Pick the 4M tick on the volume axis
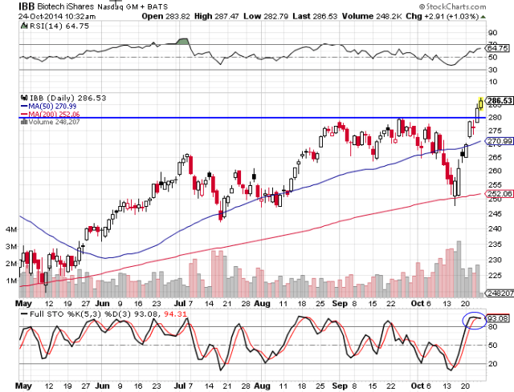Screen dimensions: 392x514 [x=10, y=229]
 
